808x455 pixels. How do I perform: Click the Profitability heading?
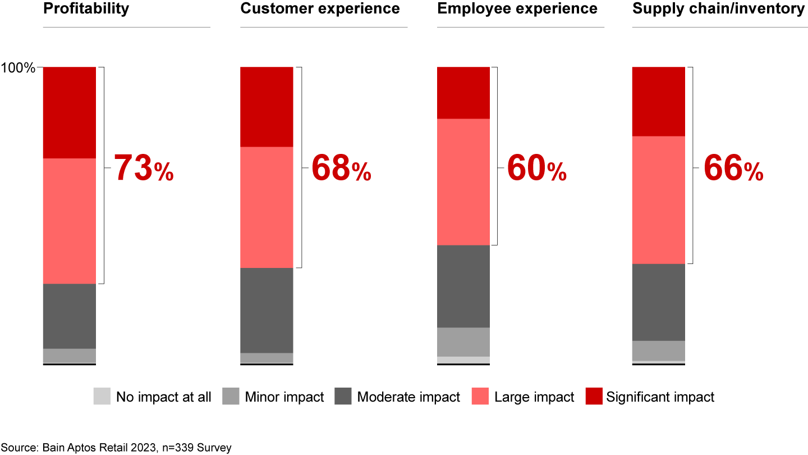click(86, 9)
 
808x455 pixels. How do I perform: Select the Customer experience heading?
click(320, 9)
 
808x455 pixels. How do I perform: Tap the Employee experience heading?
click(517, 9)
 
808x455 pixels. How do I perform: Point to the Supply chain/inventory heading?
click(718, 9)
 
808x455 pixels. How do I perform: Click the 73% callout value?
click(144, 169)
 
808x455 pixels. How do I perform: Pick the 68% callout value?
click(341, 169)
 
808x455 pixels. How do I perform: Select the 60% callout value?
click(537, 169)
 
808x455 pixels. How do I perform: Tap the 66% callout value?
click(733, 169)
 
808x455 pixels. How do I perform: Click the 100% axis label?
click(18, 69)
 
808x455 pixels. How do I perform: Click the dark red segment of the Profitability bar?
click(70, 112)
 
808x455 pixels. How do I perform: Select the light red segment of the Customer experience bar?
click(267, 207)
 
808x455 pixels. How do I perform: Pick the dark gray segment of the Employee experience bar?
click(463, 286)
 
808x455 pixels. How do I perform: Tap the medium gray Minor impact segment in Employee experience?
click(463, 342)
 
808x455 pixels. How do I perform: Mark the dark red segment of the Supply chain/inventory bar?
click(659, 101)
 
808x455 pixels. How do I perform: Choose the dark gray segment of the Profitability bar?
click(70, 316)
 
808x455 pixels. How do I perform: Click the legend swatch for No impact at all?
click(102, 397)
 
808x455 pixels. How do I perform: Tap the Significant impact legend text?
click(660, 397)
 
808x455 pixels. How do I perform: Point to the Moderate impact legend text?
click(408, 397)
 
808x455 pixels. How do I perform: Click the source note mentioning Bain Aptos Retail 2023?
click(116, 448)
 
